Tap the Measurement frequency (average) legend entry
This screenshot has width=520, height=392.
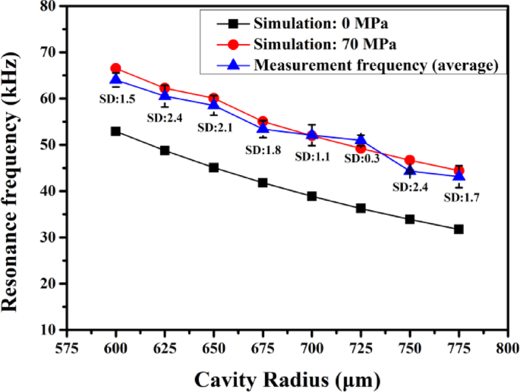tap(375, 65)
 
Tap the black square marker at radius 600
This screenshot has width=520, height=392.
tap(115, 131)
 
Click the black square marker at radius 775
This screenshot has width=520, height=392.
tap(459, 229)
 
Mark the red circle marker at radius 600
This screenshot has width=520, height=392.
tap(115, 68)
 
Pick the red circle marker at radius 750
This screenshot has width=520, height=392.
tap(410, 160)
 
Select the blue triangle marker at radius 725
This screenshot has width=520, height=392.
tap(361, 140)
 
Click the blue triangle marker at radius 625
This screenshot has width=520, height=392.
tap(165, 95)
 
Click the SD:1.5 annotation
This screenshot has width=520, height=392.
tap(116, 99)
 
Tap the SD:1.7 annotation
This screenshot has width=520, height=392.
tap(462, 197)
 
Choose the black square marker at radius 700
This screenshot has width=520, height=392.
tap(312, 196)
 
